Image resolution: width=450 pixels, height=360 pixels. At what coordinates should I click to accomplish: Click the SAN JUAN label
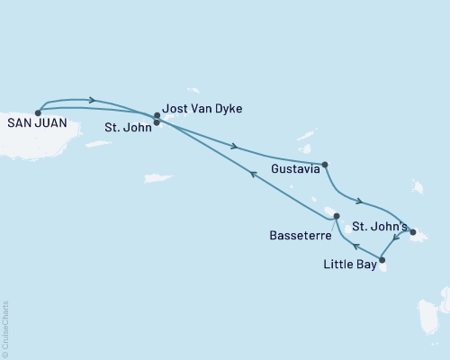pyautogui.click(x=34, y=125)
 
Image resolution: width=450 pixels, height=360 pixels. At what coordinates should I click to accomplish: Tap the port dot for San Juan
pyautogui.click(x=38, y=112)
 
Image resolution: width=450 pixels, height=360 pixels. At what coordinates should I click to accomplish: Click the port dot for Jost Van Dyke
pyautogui.click(x=157, y=115)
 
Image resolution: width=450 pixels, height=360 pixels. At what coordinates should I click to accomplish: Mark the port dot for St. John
pyautogui.click(x=157, y=122)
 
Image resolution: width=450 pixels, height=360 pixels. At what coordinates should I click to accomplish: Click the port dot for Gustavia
pyautogui.click(x=325, y=165)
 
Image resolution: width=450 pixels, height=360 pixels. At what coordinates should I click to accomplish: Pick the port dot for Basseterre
pyautogui.click(x=336, y=217)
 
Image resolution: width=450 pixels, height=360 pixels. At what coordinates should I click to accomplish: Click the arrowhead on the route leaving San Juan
pyautogui.click(x=92, y=100)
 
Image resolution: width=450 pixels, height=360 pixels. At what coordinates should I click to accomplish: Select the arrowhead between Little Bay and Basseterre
pyautogui.click(x=355, y=244)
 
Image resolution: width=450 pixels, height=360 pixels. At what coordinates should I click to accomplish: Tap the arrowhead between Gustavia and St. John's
pyautogui.click(x=360, y=202)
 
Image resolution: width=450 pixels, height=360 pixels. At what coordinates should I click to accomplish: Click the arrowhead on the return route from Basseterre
pyautogui.click(x=253, y=175)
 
